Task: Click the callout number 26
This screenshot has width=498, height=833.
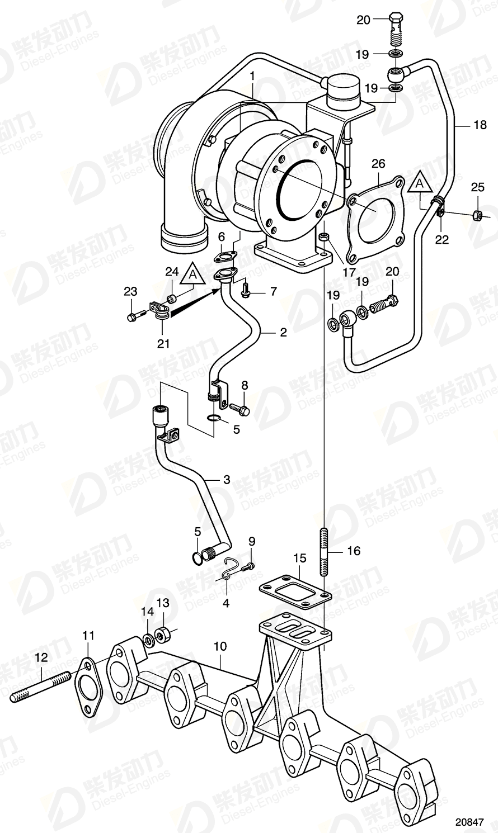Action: tap(379, 164)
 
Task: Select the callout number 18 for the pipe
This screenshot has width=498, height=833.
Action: tap(480, 125)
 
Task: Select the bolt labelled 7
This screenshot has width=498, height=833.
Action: tap(246, 290)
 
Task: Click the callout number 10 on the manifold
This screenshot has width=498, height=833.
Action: tap(220, 647)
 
